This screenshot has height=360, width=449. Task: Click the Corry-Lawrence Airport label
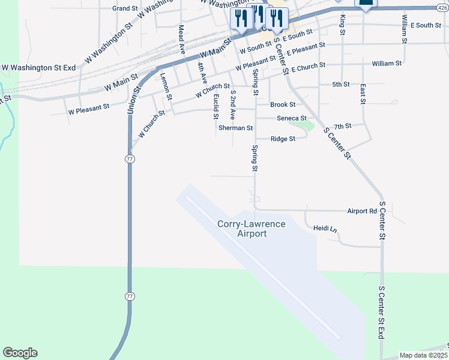[251, 229]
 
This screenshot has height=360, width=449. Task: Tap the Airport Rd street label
[362, 211]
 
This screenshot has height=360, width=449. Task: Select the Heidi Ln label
[325, 229]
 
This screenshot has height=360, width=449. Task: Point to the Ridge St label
[283, 139]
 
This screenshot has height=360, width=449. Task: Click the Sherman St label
[235, 128]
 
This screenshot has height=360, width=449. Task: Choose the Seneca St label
[292, 118]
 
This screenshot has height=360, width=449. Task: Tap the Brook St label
[283, 104]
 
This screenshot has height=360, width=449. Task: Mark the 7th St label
[342, 126]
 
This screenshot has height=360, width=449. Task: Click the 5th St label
[341, 85]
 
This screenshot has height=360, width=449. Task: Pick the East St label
[363, 94]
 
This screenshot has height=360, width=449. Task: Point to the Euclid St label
[215, 107]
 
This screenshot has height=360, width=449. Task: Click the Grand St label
[125, 8]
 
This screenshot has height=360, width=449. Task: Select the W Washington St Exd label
[38, 68]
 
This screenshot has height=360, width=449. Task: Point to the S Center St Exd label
[381, 313]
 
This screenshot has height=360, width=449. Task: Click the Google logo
[20, 353]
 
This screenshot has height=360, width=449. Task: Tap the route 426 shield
[443, 8]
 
